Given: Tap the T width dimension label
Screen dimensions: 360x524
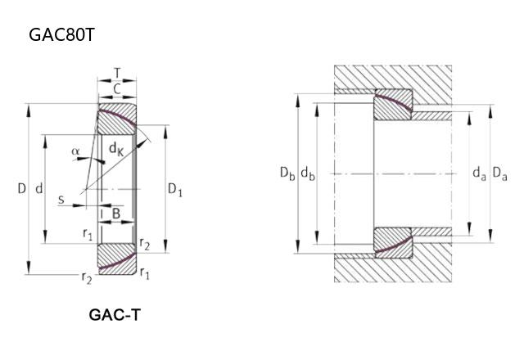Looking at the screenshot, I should point(117,72).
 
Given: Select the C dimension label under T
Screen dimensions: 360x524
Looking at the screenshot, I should point(117,88).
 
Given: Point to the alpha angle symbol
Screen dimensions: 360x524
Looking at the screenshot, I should point(75,151).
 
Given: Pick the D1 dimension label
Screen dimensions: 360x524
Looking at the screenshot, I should point(175,190).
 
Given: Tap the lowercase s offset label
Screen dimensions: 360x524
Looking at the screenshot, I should point(61,199).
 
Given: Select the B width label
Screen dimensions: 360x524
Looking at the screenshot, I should point(117,214).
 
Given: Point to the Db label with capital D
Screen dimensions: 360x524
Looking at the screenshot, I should point(287,173).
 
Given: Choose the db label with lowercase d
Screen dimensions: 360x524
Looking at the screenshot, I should point(308,173).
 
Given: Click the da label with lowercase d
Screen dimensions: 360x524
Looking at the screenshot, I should point(479,173).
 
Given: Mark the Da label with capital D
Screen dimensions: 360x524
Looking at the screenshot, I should point(499,173).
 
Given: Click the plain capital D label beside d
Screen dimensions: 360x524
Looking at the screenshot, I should point(22,189).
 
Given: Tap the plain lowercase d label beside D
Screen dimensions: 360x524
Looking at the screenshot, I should point(39,189).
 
